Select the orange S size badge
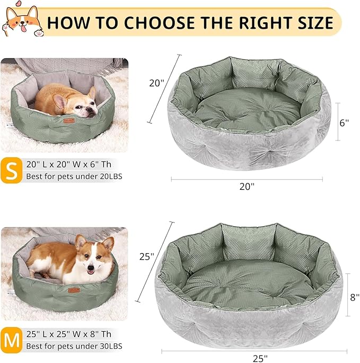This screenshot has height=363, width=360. point(11,170)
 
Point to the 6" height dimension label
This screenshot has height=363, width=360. point(344,122)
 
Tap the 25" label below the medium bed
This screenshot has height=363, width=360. point(260,358)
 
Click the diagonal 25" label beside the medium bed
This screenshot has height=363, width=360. point(147,256)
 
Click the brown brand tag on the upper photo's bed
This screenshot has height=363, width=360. point(67,121)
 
